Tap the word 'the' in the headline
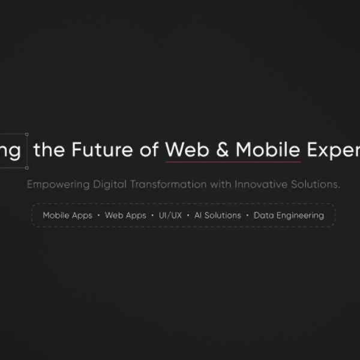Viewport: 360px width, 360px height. [x=50, y=150]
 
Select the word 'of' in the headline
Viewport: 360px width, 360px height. [x=149, y=150]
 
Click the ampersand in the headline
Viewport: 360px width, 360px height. [x=223, y=150]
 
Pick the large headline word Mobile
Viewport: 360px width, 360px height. [x=268, y=150]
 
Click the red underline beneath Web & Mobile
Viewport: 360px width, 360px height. [x=233, y=162]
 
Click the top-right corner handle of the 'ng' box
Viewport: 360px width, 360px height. [x=26, y=134]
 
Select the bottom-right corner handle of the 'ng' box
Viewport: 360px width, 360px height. [x=26, y=167]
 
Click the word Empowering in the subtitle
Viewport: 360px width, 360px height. [x=58, y=184]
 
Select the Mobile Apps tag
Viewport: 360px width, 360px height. [x=67, y=215]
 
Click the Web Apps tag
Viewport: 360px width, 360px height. [x=125, y=215]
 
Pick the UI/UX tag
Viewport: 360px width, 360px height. [x=170, y=215]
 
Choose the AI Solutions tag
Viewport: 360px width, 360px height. [x=217, y=215]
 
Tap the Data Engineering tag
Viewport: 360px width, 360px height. [x=289, y=215]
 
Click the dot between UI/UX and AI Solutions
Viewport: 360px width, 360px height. [x=188, y=215]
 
